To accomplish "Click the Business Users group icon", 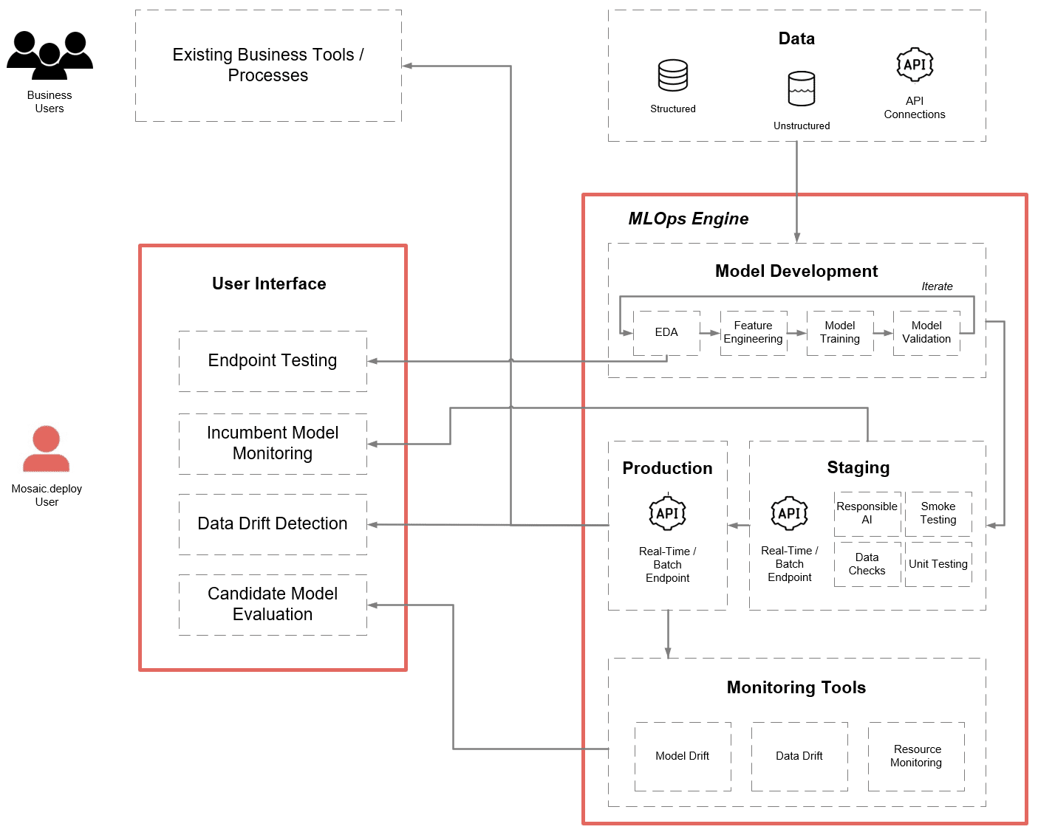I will (x=49, y=55).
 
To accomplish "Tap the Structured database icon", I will (x=672, y=75).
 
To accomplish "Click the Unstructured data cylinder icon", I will (x=801, y=89).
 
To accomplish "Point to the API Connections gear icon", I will (x=915, y=65).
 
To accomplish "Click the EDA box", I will (x=666, y=333).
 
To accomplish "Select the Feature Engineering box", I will (x=753, y=333).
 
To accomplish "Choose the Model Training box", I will (x=840, y=333).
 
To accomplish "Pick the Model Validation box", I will (x=926, y=333).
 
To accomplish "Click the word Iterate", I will (x=937, y=286).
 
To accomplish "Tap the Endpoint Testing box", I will (x=273, y=361).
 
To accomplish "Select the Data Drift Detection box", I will (x=273, y=524).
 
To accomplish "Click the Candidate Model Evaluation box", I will (x=273, y=605).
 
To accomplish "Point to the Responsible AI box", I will (x=867, y=514).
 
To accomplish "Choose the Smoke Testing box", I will (x=938, y=514).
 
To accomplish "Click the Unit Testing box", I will (x=938, y=565).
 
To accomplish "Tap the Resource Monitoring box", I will (x=916, y=757).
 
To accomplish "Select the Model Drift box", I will (x=683, y=757).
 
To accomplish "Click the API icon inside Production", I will (x=667, y=514).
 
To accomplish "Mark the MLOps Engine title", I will (x=688, y=219).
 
